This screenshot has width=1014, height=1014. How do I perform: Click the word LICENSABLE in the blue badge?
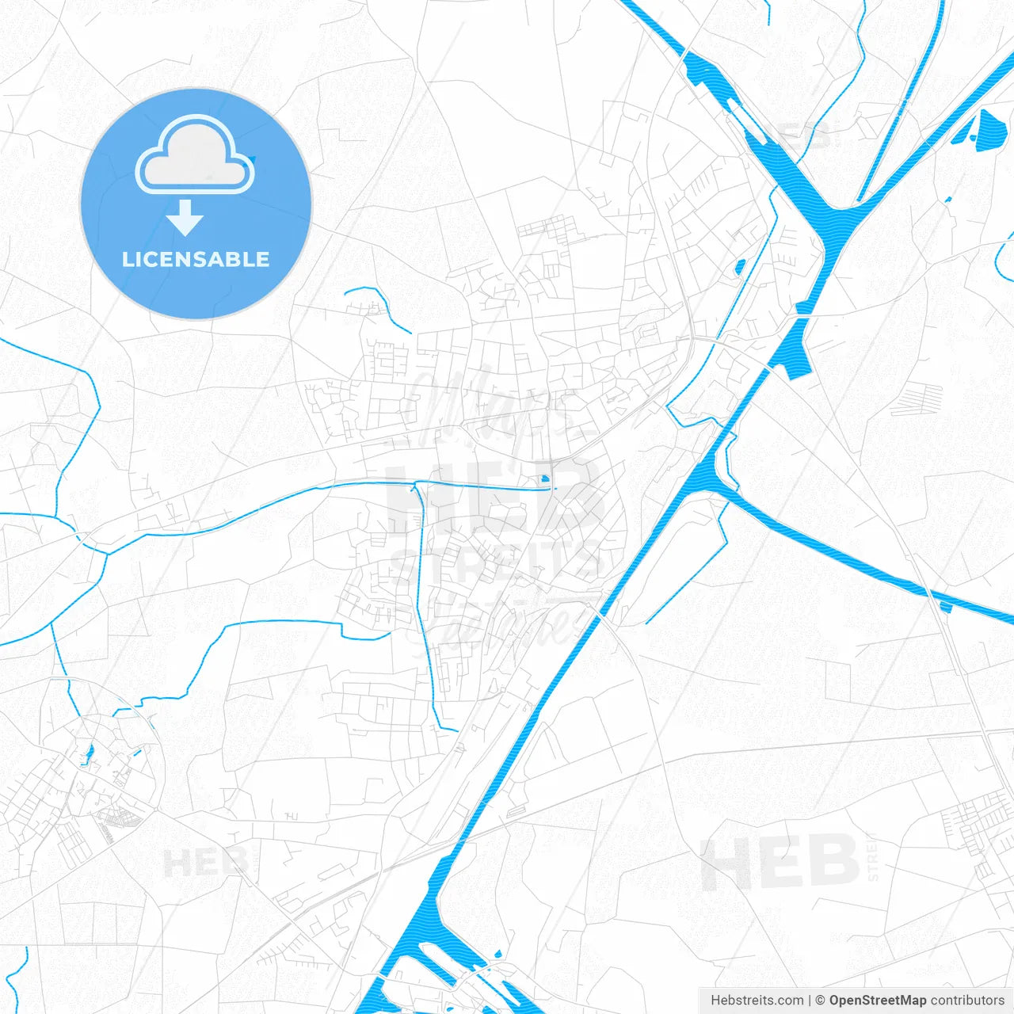coord(196,260)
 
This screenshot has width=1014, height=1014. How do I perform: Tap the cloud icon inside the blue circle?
coord(195,154)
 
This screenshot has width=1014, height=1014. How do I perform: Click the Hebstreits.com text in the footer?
coord(757,1001)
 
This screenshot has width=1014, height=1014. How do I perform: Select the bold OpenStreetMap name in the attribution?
coord(877,1001)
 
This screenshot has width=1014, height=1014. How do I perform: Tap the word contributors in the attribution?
coord(966,1001)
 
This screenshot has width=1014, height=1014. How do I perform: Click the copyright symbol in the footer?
coord(821,1001)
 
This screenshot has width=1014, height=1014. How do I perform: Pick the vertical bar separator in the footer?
coord(810,1001)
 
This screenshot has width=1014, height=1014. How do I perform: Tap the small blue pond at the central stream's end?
coord(544,478)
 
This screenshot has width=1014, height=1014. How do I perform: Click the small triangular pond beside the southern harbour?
coord(497,954)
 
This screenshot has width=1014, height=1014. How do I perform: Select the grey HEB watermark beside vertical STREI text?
coord(780,861)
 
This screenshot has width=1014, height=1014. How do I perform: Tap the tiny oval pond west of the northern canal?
coord(741,266)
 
